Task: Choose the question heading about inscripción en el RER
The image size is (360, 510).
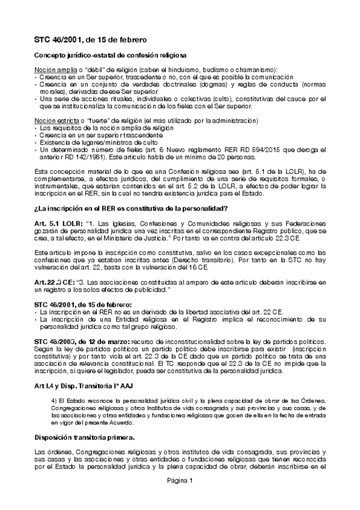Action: tap(131, 209)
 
